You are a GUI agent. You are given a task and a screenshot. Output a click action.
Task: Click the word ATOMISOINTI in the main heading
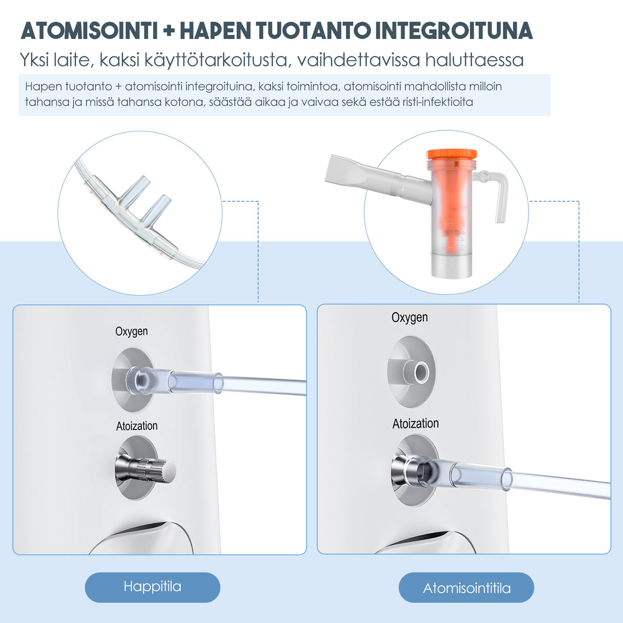coord(89,31)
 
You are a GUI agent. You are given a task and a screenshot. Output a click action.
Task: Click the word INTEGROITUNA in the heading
coord(454,31)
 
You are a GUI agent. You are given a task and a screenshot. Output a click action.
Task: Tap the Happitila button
coord(152,587)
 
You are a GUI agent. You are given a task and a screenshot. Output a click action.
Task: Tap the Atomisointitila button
coord(466,588)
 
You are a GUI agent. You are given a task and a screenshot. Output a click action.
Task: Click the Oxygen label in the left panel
coord(131,332)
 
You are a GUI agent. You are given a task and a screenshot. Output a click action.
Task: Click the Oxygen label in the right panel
coord(410,318)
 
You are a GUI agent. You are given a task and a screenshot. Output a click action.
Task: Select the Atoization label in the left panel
coord(137,426)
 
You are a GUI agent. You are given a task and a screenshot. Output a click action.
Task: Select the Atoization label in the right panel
coord(415,424)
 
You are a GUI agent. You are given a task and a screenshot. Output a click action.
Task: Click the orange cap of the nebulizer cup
coord(451,154)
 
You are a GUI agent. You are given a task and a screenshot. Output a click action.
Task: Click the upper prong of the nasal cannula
coord(135,187)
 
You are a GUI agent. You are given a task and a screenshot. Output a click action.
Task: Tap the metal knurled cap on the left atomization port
coord(154,470)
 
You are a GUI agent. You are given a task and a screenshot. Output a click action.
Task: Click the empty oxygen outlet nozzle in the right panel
coord(420,372)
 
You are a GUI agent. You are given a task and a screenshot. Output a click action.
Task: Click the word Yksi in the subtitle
coord(34,60)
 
